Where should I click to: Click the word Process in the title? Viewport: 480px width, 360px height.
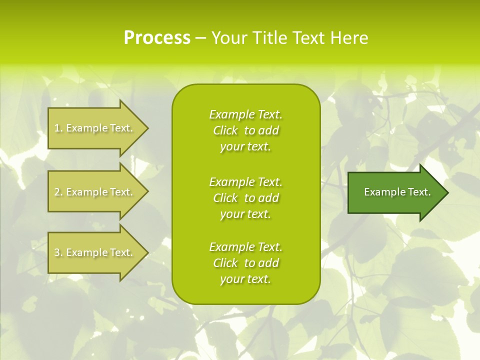[157, 38]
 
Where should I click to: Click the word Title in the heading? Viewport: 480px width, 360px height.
[269, 38]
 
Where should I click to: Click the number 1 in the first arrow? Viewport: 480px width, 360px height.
[57, 128]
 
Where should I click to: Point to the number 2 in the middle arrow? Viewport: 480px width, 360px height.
[57, 192]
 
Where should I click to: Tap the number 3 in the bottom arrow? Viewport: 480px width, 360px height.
[57, 252]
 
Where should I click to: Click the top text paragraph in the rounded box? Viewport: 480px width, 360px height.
[245, 130]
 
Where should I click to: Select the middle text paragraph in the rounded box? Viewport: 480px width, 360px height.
[245, 198]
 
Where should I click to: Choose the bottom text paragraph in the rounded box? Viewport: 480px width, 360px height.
[245, 263]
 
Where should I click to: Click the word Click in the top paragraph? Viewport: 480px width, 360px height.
[225, 130]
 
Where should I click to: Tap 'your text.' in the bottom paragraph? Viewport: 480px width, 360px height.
[245, 279]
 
